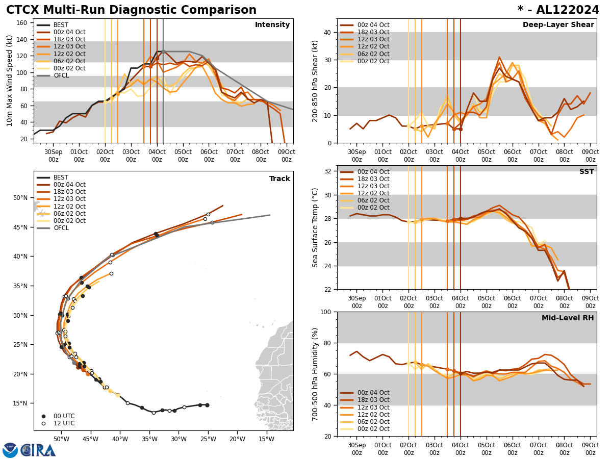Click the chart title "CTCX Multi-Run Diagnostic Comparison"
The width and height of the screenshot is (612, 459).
[131, 10]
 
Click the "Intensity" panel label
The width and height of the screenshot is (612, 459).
[272, 25]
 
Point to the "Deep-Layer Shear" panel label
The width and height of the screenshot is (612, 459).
[558, 25]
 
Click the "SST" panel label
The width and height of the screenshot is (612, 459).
[586, 172]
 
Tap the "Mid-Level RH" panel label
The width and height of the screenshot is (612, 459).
[568, 318]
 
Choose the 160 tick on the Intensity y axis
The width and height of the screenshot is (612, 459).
[23, 22]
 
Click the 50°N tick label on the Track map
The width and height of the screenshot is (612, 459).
[20, 198]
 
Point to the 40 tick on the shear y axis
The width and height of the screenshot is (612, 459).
[327, 32]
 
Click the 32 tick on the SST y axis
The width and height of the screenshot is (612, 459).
[327, 171]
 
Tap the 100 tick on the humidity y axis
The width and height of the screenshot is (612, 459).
[325, 312]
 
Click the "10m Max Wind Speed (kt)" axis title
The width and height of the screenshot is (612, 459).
[10, 81]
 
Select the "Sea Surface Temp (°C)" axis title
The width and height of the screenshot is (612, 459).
[315, 227]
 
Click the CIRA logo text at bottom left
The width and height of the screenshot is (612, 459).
[38, 450]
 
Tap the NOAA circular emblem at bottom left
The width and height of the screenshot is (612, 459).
[10, 450]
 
